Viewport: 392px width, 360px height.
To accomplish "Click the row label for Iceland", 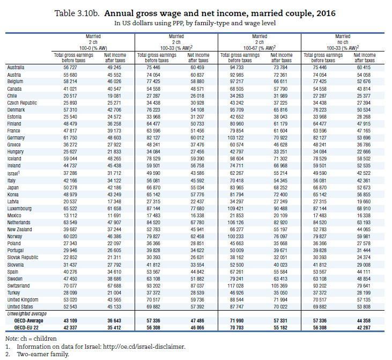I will (15, 159).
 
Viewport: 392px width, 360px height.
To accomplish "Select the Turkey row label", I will (14, 293).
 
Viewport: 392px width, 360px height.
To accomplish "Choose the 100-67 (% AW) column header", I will (259, 48).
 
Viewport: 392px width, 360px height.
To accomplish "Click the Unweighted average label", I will (25, 313).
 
